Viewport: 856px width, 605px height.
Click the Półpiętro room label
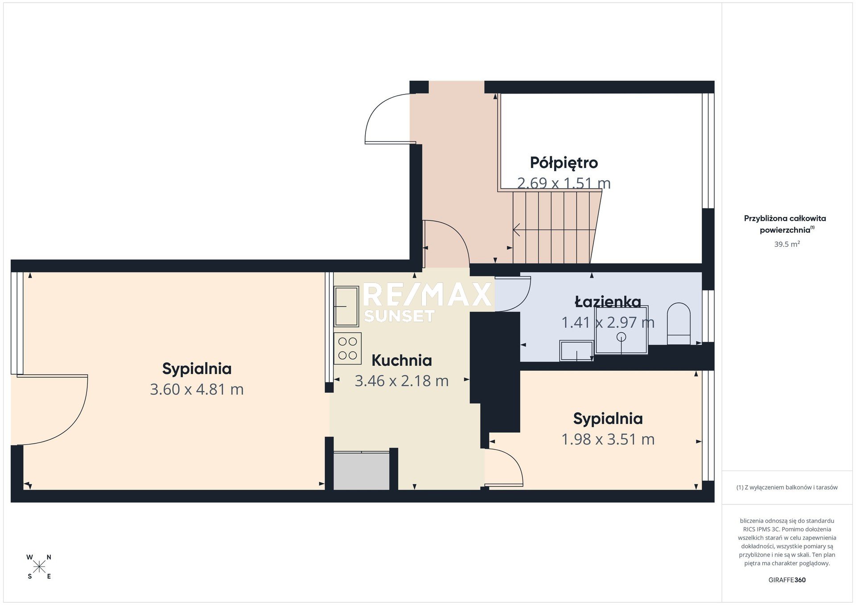(564, 163)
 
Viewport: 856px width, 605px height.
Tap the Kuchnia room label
(402, 360)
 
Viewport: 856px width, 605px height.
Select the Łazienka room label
(608, 302)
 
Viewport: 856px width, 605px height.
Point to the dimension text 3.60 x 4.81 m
(197, 389)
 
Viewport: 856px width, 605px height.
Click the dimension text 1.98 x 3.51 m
(608, 439)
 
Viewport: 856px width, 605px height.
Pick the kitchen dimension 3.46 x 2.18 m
(402, 381)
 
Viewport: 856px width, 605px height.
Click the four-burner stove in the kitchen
(347, 348)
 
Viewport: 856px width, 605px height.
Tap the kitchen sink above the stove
(346, 306)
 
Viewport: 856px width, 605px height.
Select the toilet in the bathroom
(678, 323)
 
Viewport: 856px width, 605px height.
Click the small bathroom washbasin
(577, 351)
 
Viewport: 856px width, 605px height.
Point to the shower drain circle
(621, 337)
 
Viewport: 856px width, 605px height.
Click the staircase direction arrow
(555, 230)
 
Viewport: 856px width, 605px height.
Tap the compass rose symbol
(39, 567)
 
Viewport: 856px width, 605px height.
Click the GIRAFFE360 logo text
(787, 580)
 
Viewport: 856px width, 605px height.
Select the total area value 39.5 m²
(787, 244)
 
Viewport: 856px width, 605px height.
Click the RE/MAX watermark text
(428, 294)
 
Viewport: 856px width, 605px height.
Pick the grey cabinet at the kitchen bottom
(362, 471)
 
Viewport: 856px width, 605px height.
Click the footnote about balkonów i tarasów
(787, 487)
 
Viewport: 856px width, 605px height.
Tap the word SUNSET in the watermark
(399, 316)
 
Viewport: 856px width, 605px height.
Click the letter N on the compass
(49, 557)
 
